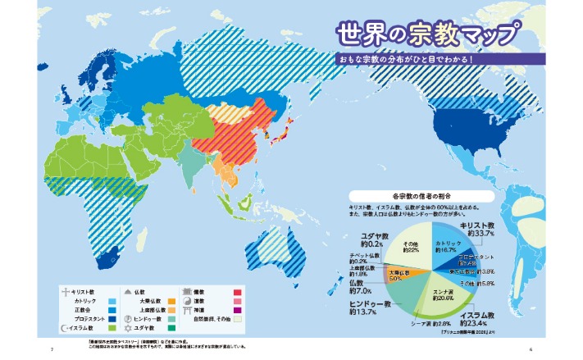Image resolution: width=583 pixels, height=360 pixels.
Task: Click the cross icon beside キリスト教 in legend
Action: click(65, 291)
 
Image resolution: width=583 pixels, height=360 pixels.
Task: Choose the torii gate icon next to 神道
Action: click(187, 309)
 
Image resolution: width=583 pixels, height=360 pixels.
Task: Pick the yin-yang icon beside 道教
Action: click(187, 300)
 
